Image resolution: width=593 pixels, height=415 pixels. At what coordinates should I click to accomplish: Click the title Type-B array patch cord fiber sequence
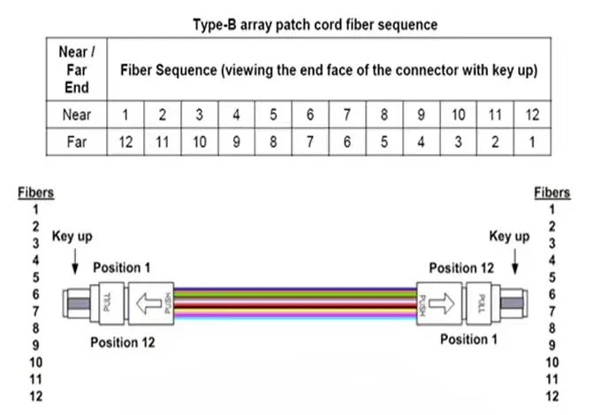[x=315, y=25]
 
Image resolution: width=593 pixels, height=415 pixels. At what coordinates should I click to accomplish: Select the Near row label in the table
[x=77, y=114]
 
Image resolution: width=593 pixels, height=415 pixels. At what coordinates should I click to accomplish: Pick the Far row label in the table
[x=77, y=142]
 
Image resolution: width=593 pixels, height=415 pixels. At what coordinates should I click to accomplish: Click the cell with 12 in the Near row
[x=532, y=114]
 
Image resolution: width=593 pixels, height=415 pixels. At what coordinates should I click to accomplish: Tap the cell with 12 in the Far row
[x=125, y=142]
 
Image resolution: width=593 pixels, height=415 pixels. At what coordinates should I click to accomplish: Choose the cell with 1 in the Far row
[x=532, y=142]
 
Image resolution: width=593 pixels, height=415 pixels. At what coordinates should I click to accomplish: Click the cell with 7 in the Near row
[x=347, y=114]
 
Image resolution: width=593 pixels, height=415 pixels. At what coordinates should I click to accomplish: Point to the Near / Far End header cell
[x=77, y=70]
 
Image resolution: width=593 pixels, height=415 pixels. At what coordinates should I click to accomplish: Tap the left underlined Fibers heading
[x=36, y=193]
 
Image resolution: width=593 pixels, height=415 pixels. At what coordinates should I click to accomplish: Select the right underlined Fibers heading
[x=552, y=193]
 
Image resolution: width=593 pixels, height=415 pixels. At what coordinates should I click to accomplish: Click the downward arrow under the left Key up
[x=75, y=261]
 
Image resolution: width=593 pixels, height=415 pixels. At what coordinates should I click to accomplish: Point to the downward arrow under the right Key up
[x=514, y=261]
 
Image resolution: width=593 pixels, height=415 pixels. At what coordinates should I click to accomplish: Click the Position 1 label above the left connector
[x=122, y=268]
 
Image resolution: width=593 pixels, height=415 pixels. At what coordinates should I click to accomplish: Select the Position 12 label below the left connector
[x=123, y=342]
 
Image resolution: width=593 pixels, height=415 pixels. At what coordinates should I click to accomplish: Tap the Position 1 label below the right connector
[x=468, y=339]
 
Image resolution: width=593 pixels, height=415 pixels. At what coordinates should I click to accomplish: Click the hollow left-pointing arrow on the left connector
[x=148, y=304]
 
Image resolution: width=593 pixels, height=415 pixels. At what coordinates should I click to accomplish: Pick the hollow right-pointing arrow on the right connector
[x=441, y=304]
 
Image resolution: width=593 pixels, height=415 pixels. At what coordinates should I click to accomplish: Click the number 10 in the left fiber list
[x=36, y=363]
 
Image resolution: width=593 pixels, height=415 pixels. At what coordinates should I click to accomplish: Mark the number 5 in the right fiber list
[x=552, y=277]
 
